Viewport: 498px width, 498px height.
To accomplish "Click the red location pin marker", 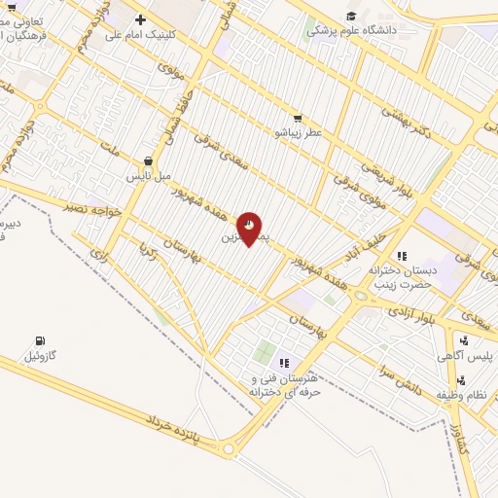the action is pyautogui.click(x=249, y=228).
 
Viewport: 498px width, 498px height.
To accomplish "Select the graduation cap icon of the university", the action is pyautogui.click(x=351, y=16).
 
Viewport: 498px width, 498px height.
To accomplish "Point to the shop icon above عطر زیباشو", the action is pyautogui.click(x=297, y=118).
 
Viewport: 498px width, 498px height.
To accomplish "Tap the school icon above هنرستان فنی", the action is pyautogui.click(x=285, y=363).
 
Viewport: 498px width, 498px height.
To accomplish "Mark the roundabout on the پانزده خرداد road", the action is pyautogui.click(x=230, y=448).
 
